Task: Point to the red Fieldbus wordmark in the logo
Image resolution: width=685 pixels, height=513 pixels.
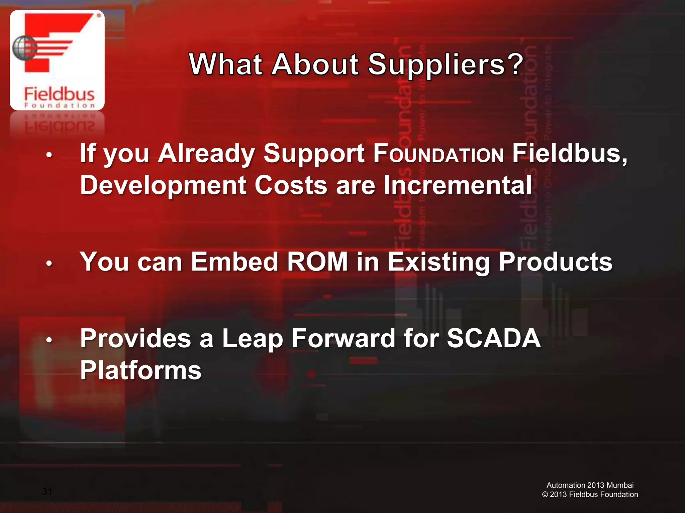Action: [59, 94]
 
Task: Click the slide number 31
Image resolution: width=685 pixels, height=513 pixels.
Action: [47, 491]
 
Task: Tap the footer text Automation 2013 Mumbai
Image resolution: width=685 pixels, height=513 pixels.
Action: [590, 485]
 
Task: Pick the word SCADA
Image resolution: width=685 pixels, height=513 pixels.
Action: [494, 338]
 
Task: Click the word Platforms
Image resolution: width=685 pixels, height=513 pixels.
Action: [141, 370]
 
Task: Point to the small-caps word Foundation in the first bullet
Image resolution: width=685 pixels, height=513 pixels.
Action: [438, 154]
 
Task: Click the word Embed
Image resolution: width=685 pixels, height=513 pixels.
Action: [234, 262]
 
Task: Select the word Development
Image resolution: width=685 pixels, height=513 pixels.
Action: [163, 185]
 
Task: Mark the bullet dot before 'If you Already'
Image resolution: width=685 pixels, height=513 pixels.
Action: [49, 155]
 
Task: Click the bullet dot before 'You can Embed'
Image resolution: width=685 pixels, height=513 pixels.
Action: [49, 264]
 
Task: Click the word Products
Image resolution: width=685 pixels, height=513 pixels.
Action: [556, 262]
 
